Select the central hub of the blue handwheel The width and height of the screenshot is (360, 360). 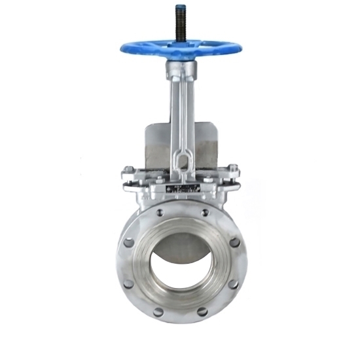tap(179, 47)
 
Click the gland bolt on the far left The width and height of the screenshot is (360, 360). tap(126, 174)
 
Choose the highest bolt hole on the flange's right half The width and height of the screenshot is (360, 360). tap(206, 212)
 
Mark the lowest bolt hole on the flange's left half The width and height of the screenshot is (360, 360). tap(158, 312)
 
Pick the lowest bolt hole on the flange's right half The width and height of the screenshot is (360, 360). tap(203, 312)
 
